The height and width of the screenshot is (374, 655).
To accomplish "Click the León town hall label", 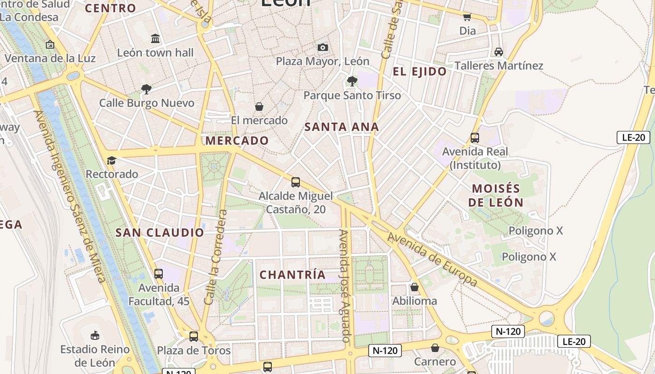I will [x=155, y=53].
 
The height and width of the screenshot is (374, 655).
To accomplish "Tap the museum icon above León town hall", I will [x=155, y=38].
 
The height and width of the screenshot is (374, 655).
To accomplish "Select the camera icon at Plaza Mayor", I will [x=322, y=47].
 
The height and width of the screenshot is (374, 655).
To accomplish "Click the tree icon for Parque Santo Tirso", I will [x=352, y=81].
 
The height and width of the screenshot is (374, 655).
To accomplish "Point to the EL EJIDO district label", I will [x=420, y=72].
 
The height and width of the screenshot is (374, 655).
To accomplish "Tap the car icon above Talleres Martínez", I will [x=499, y=51].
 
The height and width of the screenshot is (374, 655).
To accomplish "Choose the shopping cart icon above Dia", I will [x=467, y=17].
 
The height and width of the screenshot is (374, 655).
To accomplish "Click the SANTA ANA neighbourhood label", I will [x=342, y=127].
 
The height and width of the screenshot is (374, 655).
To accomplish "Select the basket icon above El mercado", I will [x=259, y=107].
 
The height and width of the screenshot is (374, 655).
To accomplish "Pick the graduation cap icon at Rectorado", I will [x=111, y=161].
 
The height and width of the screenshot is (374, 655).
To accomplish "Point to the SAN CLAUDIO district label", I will [x=160, y=232].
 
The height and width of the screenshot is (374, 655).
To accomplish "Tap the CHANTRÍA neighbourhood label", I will [x=292, y=275].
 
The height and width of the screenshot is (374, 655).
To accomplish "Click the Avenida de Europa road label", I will [x=432, y=259].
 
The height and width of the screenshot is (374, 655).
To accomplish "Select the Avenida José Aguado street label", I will [x=345, y=286].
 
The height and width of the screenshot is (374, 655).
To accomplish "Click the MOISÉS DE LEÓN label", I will [x=496, y=195].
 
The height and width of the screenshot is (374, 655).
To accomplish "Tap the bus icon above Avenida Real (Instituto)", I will [x=475, y=138].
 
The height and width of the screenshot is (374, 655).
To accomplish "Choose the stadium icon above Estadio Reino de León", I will [x=95, y=335].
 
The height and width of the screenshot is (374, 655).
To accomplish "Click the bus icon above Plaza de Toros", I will [x=194, y=336].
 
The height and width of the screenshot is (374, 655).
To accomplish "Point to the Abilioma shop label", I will [x=415, y=301].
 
